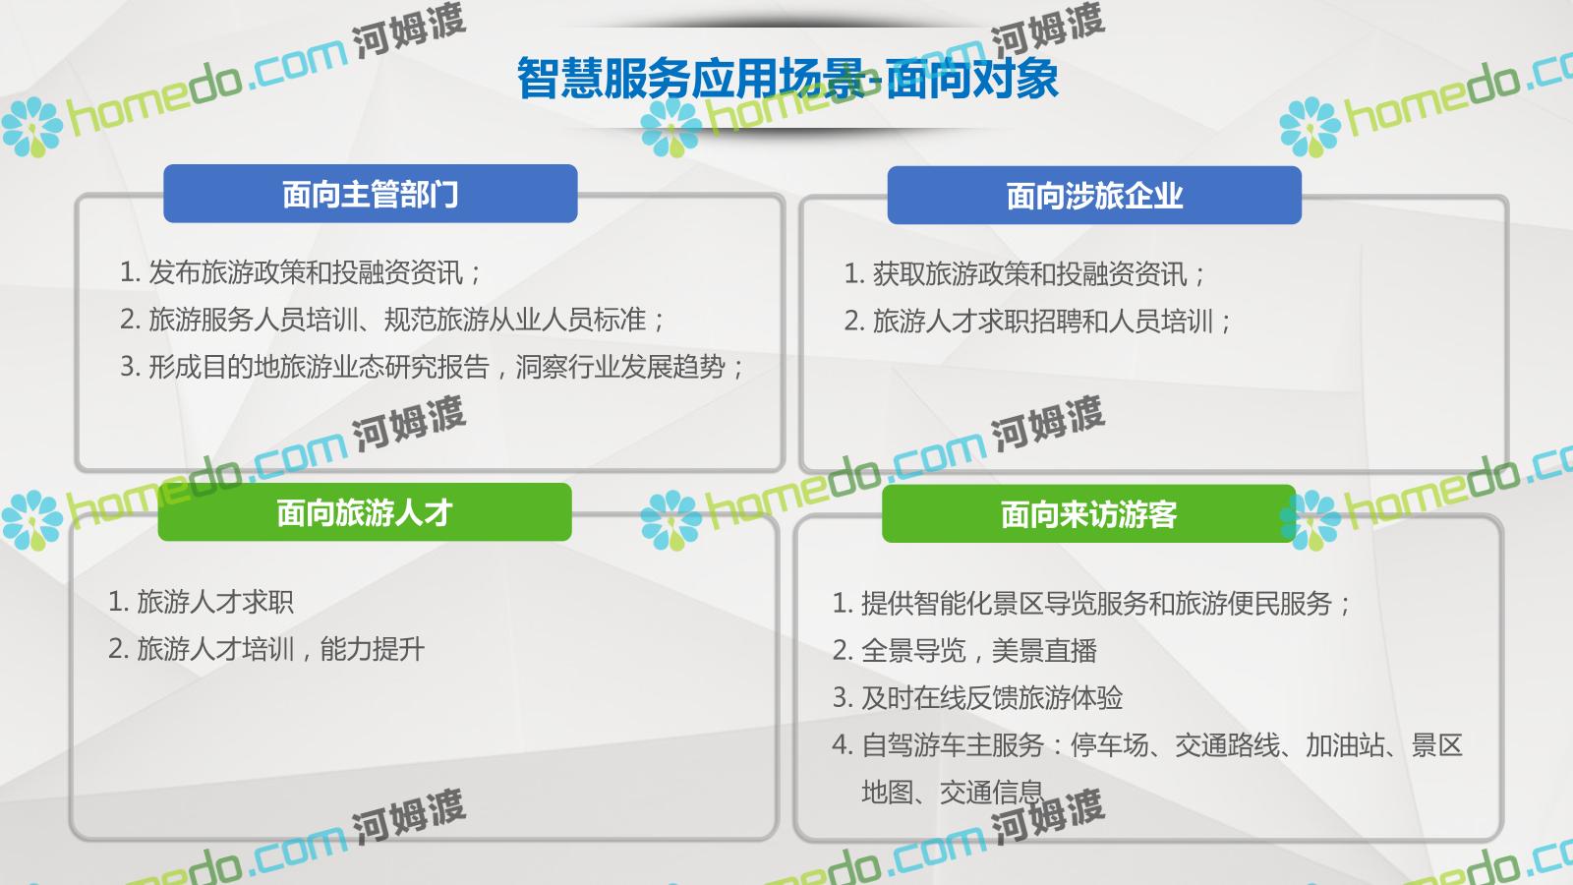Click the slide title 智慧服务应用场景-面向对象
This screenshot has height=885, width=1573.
[x=787, y=78]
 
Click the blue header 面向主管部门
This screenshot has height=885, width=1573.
[x=370, y=194]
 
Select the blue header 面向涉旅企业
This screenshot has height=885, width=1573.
[x=1094, y=196]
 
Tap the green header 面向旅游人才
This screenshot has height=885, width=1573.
[x=365, y=512]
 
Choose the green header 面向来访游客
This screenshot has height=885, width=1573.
[x=1088, y=514]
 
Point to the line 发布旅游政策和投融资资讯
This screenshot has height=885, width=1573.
[x=301, y=272]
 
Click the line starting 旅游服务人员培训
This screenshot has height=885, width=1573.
[x=392, y=320]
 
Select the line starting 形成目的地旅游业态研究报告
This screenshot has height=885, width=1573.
[x=432, y=367]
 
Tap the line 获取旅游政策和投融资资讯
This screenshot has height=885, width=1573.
[x=1024, y=274]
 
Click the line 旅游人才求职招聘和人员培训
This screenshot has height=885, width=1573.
[x=1037, y=321]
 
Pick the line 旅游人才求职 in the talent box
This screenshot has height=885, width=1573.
[x=201, y=602]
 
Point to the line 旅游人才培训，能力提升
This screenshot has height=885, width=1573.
[x=266, y=649]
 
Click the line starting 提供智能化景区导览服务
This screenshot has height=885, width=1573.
[x=1091, y=604]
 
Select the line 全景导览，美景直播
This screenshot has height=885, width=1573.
[x=964, y=650]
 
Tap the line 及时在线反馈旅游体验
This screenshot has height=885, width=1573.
[x=977, y=697]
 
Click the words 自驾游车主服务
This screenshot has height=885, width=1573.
[x=953, y=744]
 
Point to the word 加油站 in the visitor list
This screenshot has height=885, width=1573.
[x=1344, y=744]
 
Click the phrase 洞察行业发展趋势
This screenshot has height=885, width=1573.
[x=620, y=367]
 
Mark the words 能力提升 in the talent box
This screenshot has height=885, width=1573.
[x=373, y=649]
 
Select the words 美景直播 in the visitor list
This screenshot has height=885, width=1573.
[x=1044, y=650]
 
